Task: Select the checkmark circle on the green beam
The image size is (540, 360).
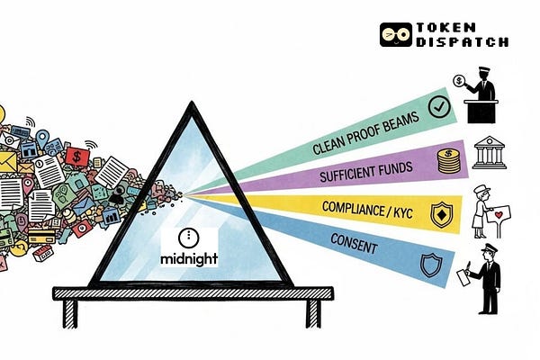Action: click(x=439, y=107)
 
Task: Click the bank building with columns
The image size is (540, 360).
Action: click(x=489, y=152)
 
